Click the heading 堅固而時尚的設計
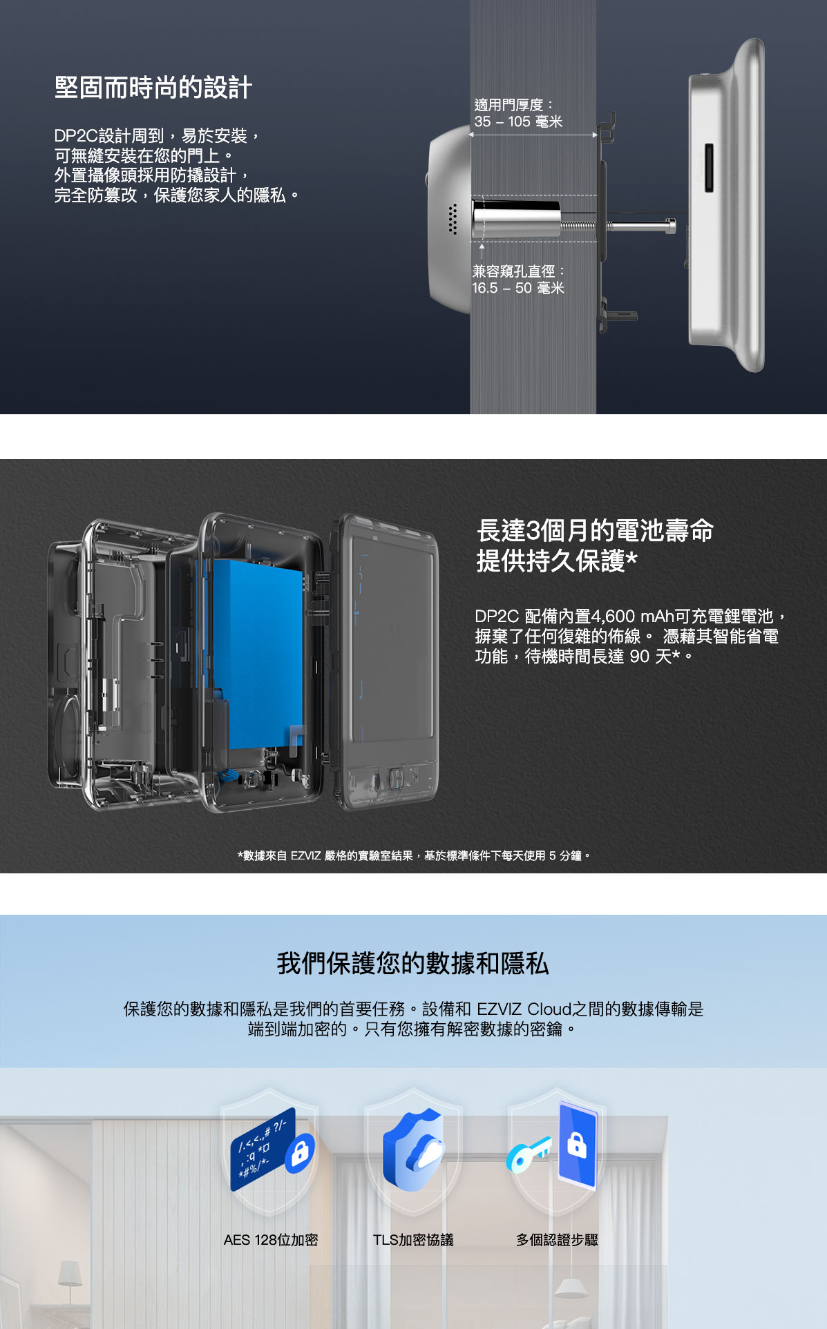(153, 88)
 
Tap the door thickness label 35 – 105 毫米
(518, 122)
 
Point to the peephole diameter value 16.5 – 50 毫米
(518, 288)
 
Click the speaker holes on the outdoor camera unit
(453, 219)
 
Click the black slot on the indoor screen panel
(708, 168)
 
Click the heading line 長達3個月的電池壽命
(595, 530)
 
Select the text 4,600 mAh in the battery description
(631, 616)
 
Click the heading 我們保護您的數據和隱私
(413, 963)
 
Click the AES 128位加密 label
(271, 1240)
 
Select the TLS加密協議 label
(413, 1240)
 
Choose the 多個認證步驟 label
(557, 1240)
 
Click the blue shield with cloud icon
(414, 1149)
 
